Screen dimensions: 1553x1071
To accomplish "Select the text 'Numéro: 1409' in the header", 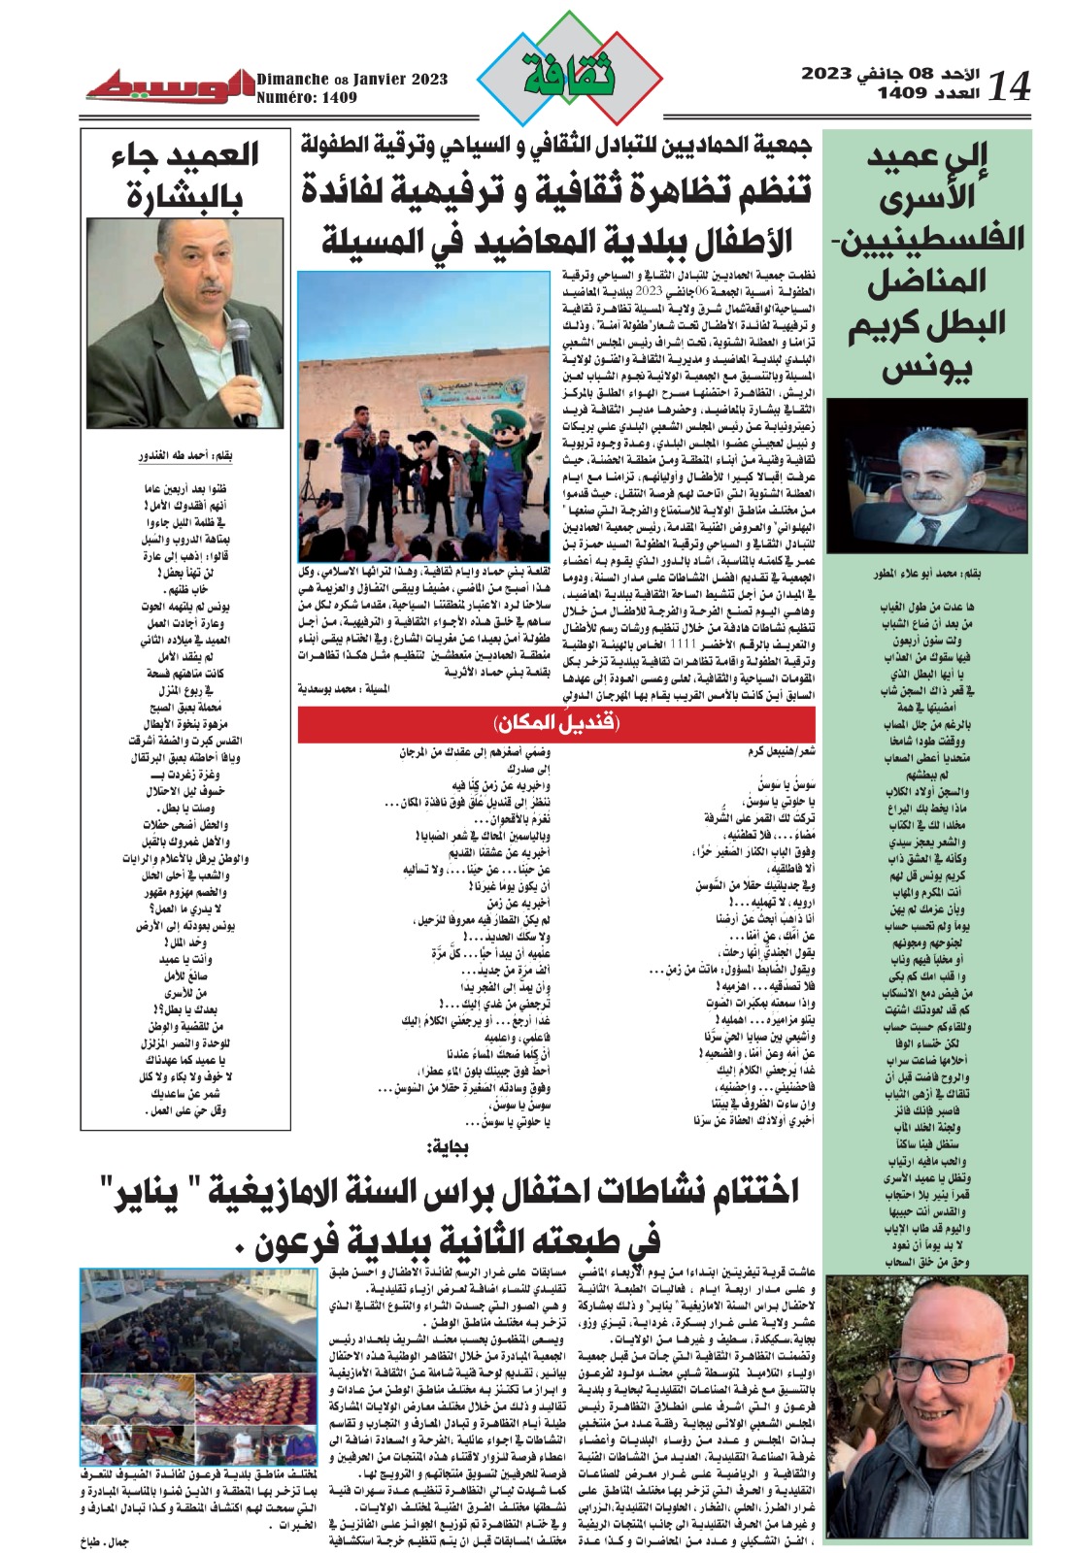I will pos(307,98).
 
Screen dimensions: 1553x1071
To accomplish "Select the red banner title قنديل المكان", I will pos(557,722).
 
